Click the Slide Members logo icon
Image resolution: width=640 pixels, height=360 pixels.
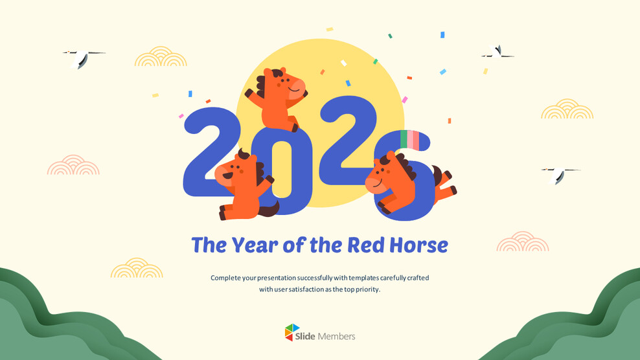point(292,332)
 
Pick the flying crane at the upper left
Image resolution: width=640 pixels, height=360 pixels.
point(82,58)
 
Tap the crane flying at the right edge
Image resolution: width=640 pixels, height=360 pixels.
point(559,174)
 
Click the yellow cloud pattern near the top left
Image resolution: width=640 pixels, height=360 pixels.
point(161,57)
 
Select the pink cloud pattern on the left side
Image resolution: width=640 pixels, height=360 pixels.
point(73,166)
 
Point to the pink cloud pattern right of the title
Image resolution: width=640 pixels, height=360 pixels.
point(523,242)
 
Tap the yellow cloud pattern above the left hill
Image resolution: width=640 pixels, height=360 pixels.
point(137,269)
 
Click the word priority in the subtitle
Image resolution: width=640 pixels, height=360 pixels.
point(366,289)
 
